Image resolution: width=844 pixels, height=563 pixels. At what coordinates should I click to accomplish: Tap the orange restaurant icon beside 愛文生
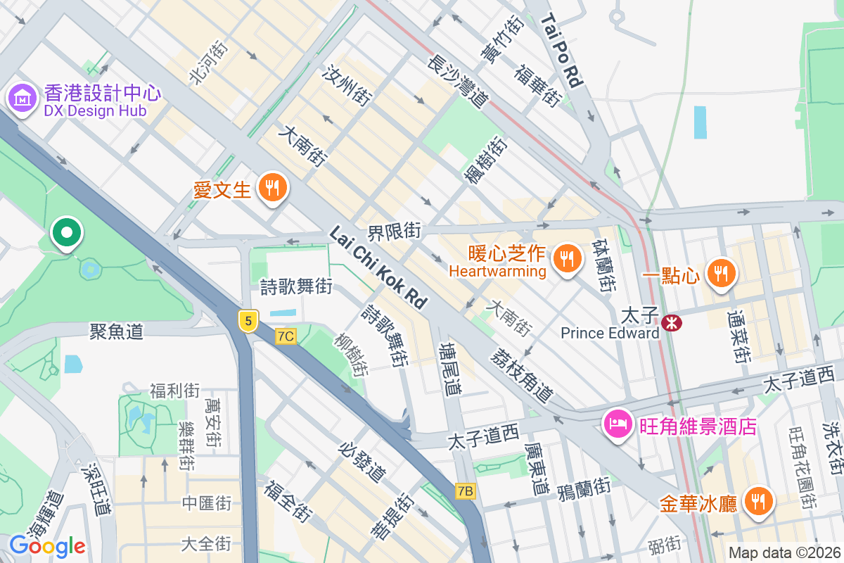point(271,188)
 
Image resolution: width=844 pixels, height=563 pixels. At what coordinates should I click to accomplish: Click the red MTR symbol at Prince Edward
point(672,323)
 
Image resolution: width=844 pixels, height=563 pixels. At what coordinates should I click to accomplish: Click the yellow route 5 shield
point(247,321)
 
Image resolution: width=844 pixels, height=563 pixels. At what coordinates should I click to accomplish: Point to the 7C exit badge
point(286,336)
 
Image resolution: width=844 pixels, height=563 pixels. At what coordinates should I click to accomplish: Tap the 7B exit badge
point(465,491)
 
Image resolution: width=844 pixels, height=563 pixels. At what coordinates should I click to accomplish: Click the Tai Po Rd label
point(563,53)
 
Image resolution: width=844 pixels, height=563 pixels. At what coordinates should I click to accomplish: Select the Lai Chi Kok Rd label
point(378,267)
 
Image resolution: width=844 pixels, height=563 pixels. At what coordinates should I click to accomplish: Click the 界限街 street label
point(395,231)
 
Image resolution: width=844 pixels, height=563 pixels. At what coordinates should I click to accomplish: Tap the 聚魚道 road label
point(116,331)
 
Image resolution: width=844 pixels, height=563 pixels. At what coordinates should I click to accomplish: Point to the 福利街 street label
point(174,391)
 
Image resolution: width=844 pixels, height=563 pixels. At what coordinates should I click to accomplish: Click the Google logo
point(47,545)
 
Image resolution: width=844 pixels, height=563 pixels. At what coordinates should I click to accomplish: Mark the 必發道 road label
point(362,462)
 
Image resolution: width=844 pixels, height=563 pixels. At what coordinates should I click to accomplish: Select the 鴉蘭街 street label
point(583,488)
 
